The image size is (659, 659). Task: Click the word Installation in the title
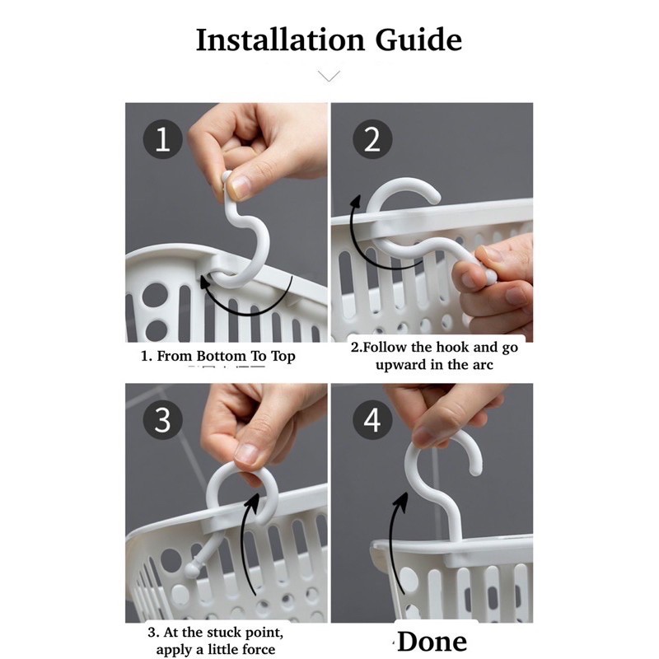[280, 40]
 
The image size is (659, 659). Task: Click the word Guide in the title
[418, 40]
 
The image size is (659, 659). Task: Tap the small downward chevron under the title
[329, 76]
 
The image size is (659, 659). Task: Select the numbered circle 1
[162, 139]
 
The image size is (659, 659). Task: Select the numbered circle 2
[372, 139]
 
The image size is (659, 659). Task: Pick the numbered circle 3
[162, 420]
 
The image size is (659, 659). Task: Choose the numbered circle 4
[372, 420]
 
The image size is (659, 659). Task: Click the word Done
[432, 642]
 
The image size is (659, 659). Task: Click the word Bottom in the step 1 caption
[221, 356]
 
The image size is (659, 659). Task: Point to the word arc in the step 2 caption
[483, 364]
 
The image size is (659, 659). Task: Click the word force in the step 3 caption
[258, 649]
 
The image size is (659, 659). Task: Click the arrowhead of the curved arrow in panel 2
[357, 201]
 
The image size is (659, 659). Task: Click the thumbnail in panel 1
[240, 187]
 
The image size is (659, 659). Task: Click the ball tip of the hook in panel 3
[192, 571]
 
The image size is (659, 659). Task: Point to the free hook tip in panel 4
[476, 470]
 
